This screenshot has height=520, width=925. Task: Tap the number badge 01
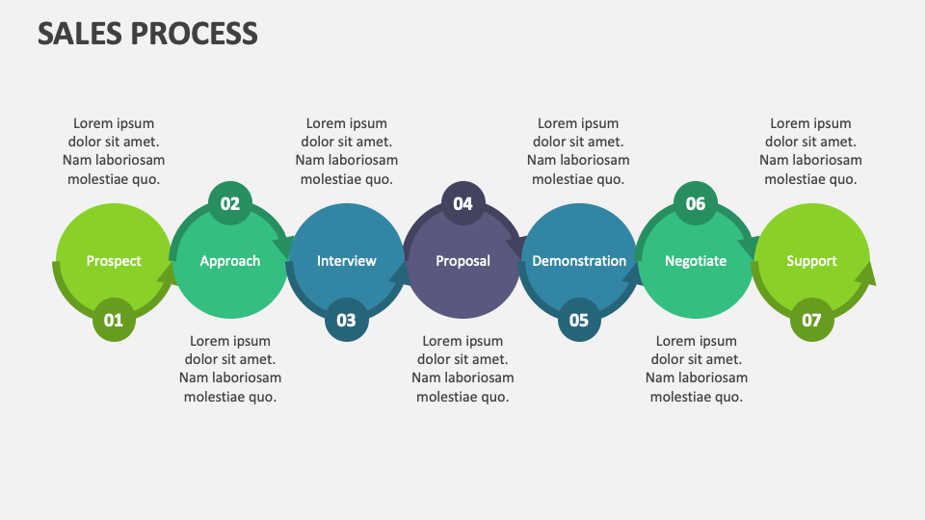(x=114, y=320)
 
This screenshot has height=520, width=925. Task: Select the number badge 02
(x=230, y=203)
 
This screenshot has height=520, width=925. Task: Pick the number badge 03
(x=346, y=320)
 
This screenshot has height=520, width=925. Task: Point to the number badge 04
(x=463, y=203)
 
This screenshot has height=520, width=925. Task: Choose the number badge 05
(x=579, y=320)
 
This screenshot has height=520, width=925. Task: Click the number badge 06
(x=696, y=203)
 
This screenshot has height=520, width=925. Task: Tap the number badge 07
(x=811, y=320)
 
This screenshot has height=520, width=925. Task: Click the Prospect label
(x=114, y=261)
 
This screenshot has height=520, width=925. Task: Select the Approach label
(x=230, y=261)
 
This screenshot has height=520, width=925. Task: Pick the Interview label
(x=346, y=261)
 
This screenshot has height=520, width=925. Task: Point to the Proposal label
(x=463, y=261)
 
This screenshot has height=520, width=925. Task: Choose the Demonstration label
(x=579, y=261)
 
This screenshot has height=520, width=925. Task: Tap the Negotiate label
(x=696, y=261)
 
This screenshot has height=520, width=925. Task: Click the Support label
(x=811, y=261)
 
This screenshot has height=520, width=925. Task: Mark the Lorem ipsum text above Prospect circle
(x=114, y=151)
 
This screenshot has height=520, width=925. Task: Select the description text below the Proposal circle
(x=463, y=369)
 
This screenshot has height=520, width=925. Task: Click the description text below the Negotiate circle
(x=697, y=369)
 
